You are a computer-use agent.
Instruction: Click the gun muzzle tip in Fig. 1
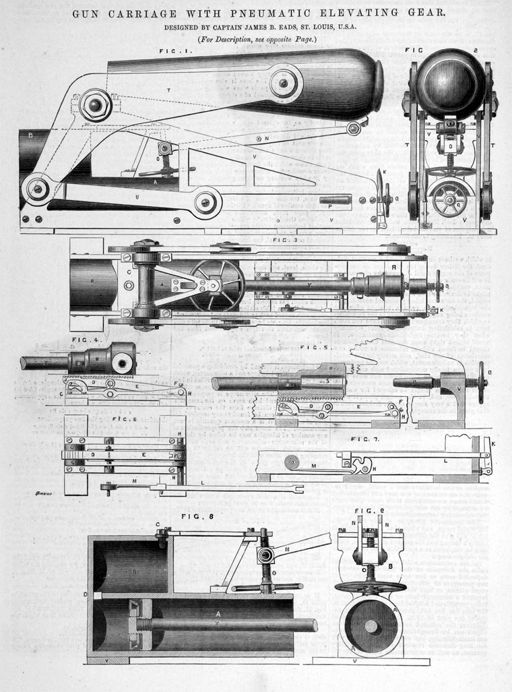379,86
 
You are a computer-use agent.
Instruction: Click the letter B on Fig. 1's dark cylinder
30,135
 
